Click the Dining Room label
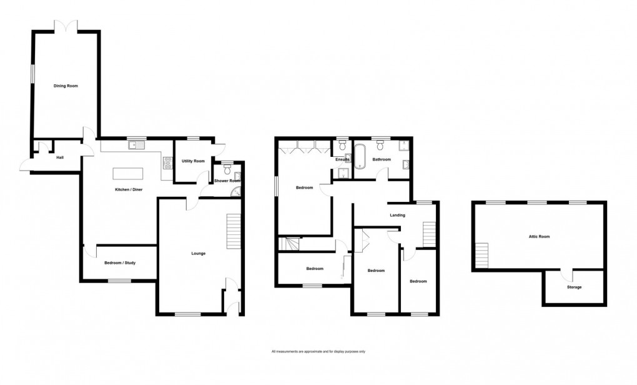pos(66,86)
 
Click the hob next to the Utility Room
pos(167,163)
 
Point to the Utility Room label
pos(193,161)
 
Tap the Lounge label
pos(199,253)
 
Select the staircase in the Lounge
pos(233,231)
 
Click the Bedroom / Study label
pos(120,263)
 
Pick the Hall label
pos(60,157)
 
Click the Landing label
pos(397,216)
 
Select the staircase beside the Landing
pos(428,235)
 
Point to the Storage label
pos(574,287)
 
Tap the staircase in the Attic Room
pos(482,254)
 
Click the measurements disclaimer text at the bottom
pos(318,352)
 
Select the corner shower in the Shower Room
pos(235,193)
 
